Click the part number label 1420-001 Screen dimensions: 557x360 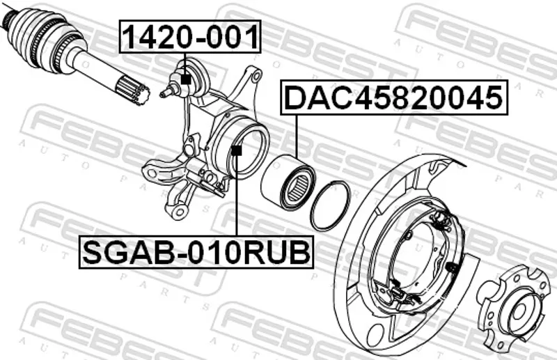(190, 37)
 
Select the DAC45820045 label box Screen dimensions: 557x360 (394, 97)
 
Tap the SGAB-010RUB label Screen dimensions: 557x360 (196, 252)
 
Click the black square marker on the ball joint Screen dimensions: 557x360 (185, 79)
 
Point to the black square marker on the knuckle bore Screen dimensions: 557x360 (236, 150)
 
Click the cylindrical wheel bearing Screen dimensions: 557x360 (288, 182)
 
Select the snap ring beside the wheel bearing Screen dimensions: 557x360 (331, 206)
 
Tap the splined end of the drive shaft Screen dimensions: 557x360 (134, 93)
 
